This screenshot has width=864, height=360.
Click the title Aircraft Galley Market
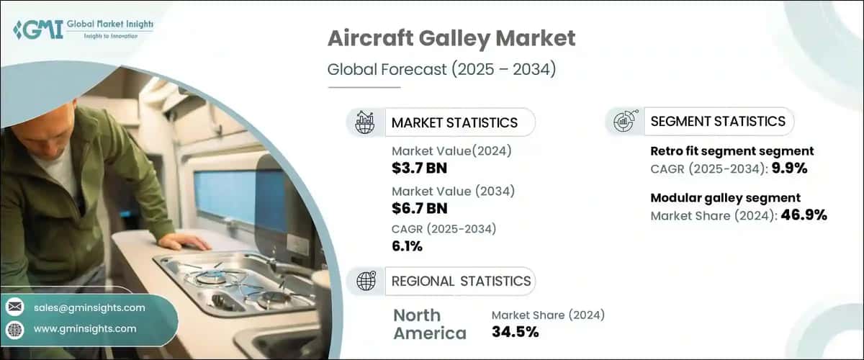pyautogui.click(x=451, y=39)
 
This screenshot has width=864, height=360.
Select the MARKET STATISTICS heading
pyautogui.click(x=454, y=122)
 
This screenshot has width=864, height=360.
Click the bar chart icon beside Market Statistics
pyautogui.click(x=365, y=122)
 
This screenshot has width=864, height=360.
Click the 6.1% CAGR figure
pyautogui.click(x=407, y=247)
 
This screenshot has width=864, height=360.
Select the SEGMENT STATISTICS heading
pyautogui.click(x=718, y=122)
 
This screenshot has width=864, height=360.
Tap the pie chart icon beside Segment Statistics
pyautogui.click(x=624, y=122)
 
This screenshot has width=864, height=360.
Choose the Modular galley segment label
pyautogui.click(x=726, y=198)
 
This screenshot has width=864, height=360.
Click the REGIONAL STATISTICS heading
pyautogui.click(x=461, y=281)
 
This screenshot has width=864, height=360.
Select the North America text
pyautogui.click(x=429, y=324)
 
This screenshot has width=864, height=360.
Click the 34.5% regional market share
pyautogui.click(x=515, y=332)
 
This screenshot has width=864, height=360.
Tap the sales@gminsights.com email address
pyautogui.click(x=89, y=307)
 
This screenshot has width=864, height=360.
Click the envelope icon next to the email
pyautogui.click(x=14, y=307)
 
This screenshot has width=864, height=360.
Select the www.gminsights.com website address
pyautogui.click(x=85, y=329)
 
